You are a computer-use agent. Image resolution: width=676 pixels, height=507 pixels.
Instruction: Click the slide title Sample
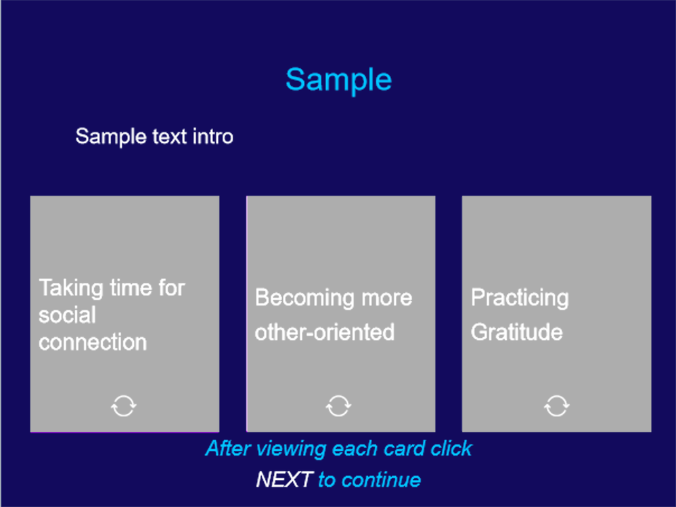point(338,80)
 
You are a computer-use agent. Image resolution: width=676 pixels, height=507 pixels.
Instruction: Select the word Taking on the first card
point(72,288)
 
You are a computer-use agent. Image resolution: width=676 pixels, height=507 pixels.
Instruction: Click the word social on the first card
point(67,315)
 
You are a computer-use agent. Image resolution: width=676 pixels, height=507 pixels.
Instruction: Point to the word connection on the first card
point(93,343)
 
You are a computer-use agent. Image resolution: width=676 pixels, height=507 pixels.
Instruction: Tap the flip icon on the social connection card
point(124,405)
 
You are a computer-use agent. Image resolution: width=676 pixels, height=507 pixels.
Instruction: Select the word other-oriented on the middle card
point(325,332)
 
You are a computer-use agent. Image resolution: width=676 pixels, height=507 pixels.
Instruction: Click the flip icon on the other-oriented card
point(338,405)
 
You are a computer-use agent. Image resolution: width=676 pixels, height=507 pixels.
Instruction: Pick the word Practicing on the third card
point(520,298)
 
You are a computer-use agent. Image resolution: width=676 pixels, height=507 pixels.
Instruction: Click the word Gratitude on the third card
point(517,332)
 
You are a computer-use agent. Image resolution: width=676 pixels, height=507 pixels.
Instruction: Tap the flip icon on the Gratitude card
point(557,405)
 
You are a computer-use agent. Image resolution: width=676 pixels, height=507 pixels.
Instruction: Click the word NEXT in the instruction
point(284,479)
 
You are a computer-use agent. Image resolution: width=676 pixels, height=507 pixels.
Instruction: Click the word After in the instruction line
point(229,448)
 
